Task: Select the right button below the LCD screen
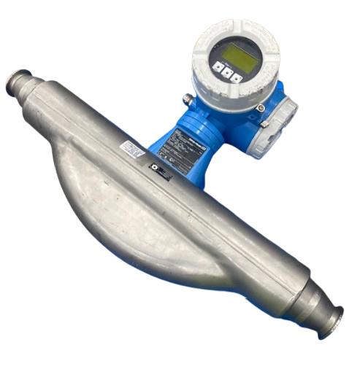click(238, 76)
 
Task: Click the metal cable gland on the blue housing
click(188, 98)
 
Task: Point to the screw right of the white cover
click(261, 108)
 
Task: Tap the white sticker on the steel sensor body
click(134, 149)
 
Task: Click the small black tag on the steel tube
click(160, 172)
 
